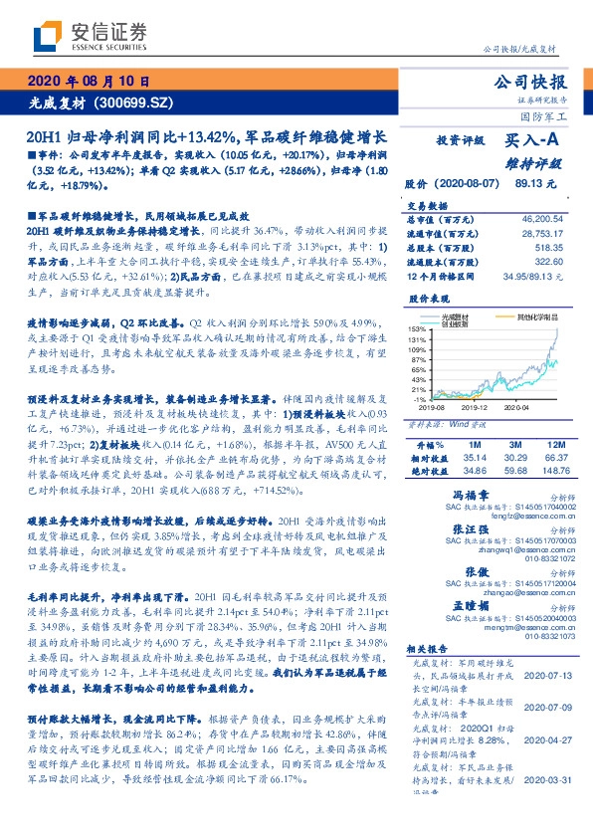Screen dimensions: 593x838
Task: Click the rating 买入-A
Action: click(532, 141)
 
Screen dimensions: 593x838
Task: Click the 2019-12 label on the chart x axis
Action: click(475, 407)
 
